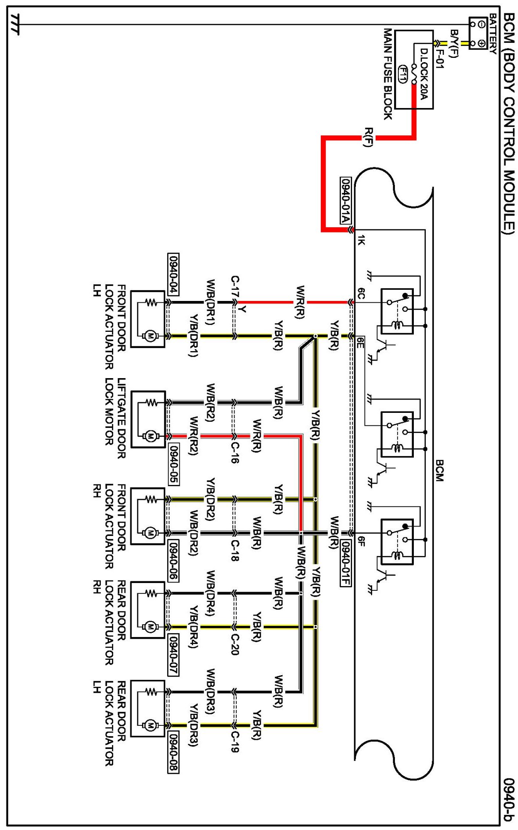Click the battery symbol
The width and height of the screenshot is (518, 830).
pyautogui.click(x=477, y=33)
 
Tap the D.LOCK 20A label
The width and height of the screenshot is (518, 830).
pyautogui.click(x=424, y=74)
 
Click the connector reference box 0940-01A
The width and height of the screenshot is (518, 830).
pyautogui.click(x=346, y=200)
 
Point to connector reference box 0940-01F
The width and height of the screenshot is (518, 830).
pyautogui.click(x=346, y=562)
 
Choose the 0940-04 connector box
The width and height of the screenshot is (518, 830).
pyautogui.click(x=173, y=274)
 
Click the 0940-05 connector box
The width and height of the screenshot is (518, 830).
pyautogui.click(x=173, y=464)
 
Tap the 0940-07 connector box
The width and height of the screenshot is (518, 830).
pyautogui.click(x=173, y=655)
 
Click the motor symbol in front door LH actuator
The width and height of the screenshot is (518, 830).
pyautogui.click(x=150, y=336)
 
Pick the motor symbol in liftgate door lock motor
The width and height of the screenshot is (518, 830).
pyautogui.click(x=150, y=436)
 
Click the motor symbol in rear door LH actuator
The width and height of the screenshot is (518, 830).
pyautogui.click(x=150, y=725)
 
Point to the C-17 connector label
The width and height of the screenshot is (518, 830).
pyautogui.click(x=235, y=287)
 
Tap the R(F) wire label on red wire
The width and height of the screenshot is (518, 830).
pyautogui.click(x=367, y=137)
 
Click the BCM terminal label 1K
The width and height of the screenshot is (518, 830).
pyautogui.click(x=361, y=240)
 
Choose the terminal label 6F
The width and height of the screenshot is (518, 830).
pyautogui.click(x=361, y=541)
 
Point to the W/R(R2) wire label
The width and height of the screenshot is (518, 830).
pyautogui.click(x=194, y=436)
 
